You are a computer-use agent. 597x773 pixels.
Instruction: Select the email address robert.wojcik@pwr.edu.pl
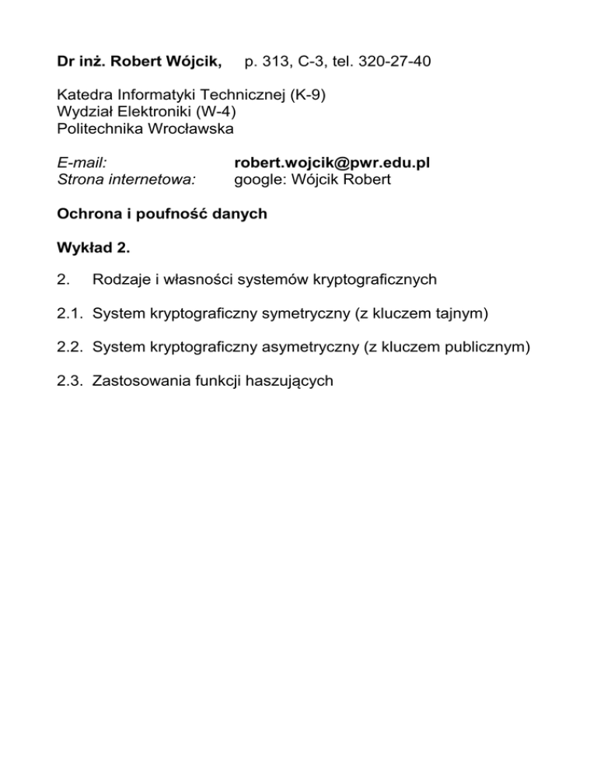[x=332, y=163]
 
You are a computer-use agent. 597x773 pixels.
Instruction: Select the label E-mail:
[x=82, y=163]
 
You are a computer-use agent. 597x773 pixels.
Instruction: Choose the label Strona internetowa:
[x=127, y=179]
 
